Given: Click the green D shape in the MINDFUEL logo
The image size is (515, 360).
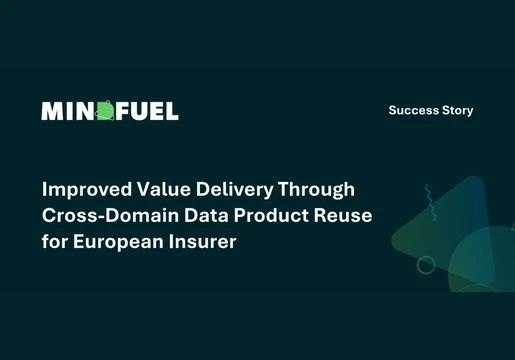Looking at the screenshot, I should pyautogui.click(x=106, y=111).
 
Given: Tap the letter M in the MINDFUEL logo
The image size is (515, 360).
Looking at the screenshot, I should pyautogui.click(x=52, y=111).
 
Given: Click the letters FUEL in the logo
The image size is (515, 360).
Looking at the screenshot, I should pyautogui.click(x=148, y=111).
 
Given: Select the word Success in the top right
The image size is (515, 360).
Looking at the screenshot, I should pyautogui.click(x=413, y=110).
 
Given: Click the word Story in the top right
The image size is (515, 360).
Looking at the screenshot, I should pyautogui.click(x=457, y=110).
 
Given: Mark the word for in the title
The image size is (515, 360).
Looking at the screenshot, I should pyautogui.click(x=54, y=241).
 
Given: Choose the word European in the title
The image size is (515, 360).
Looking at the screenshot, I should pyautogui.click(x=119, y=241).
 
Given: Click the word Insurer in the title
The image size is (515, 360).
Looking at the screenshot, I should pyautogui.click(x=203, y=241).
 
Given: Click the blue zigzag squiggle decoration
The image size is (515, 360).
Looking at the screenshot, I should pyautogui.click(x=431, y=200).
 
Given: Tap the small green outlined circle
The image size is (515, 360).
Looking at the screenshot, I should pyautogui.click(x=426, y=265).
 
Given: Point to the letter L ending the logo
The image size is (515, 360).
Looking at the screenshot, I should pyautogui.click(x=172, y=111).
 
